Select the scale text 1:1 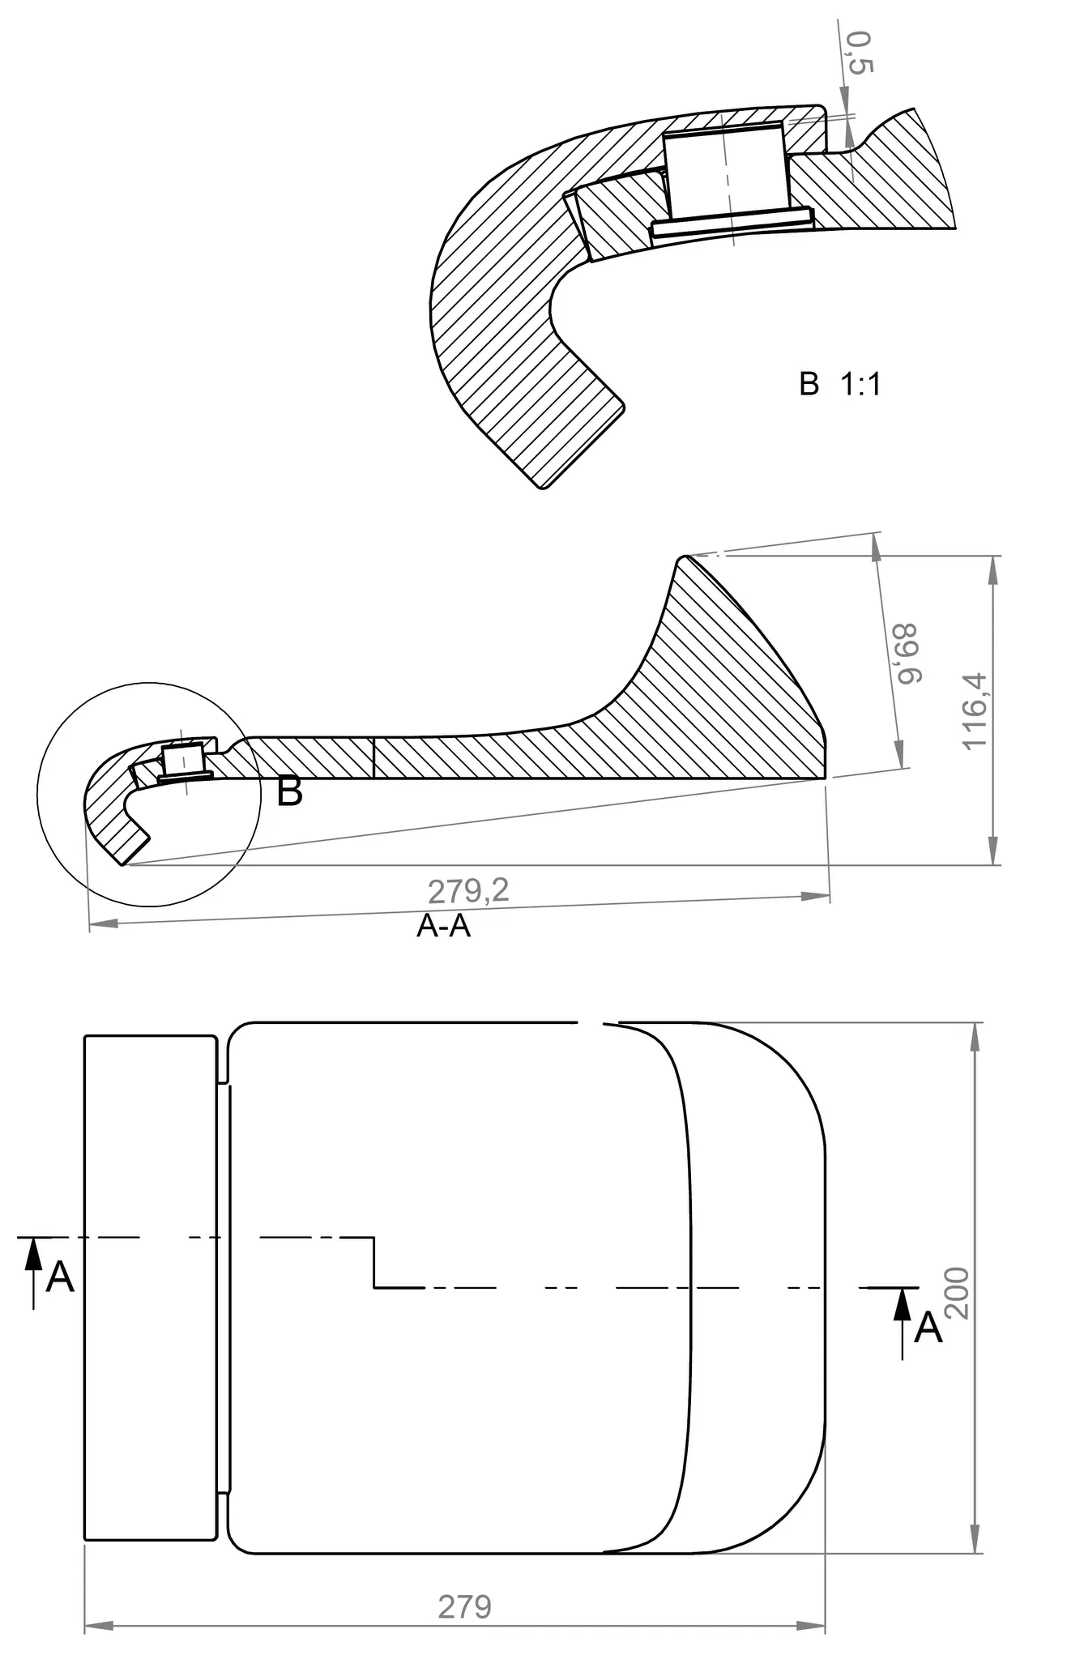[x=860, y=384]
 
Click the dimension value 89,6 [x=906, y=654]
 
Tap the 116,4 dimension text [x=975, y=710]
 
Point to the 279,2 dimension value [x=468, y=891]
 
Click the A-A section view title [x=443, y=925]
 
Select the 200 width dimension [x=957, y=1293]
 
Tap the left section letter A [x=60, y=1277]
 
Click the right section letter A [x=928, y=1328]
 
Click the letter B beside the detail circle [x=289, y=791]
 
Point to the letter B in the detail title [x=809, y=384]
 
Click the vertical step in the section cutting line [x=373, y=1262]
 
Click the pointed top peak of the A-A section [x=683, y=557]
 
